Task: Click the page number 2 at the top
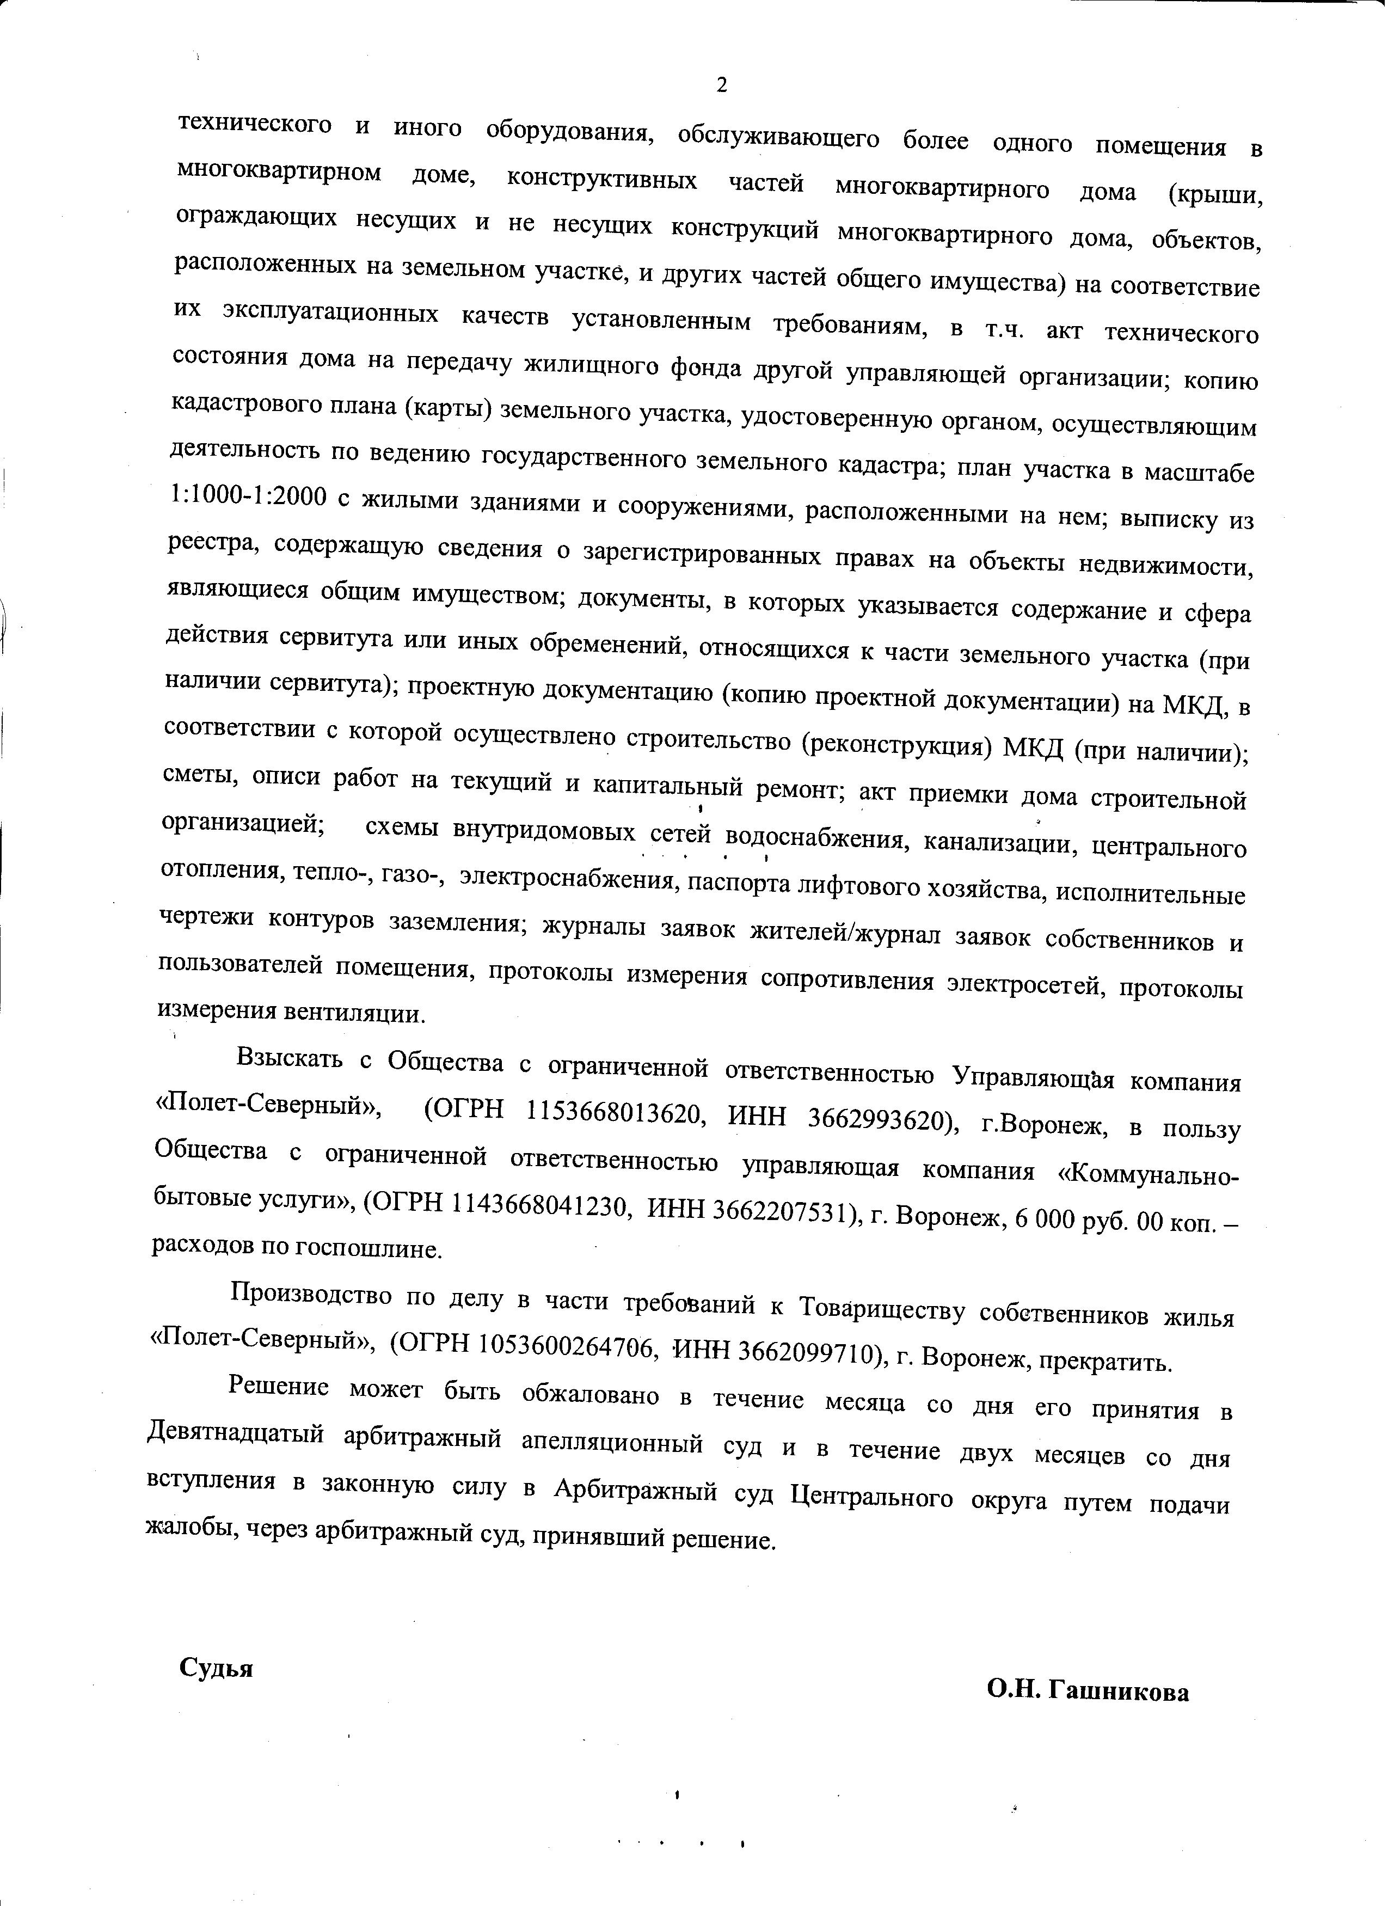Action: coord(720,84)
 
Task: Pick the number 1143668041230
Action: coord(541,1206)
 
